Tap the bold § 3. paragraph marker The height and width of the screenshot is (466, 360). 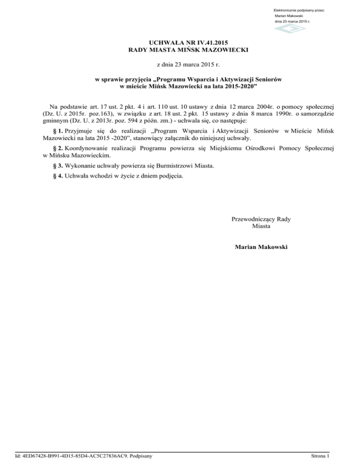(57, 166)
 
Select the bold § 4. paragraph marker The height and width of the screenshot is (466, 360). (57, 177)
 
